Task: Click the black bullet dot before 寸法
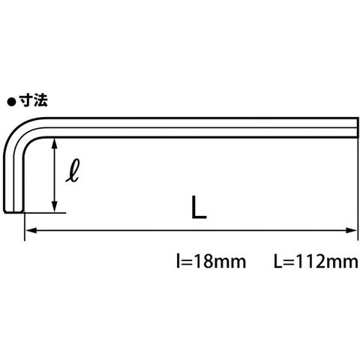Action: [x=11, y=102]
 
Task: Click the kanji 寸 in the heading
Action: [x=26, y=100]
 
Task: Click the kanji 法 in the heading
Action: [x=40, y=100]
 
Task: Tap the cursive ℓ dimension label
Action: [x=73, y=170]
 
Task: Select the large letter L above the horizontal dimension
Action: [x=199, y=208]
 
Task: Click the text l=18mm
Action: [x=211, y=262]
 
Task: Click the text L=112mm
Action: [x=316, y=262]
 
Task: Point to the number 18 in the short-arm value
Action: [x=202, y=262]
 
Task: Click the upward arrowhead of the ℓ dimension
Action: [x=55, y=143]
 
